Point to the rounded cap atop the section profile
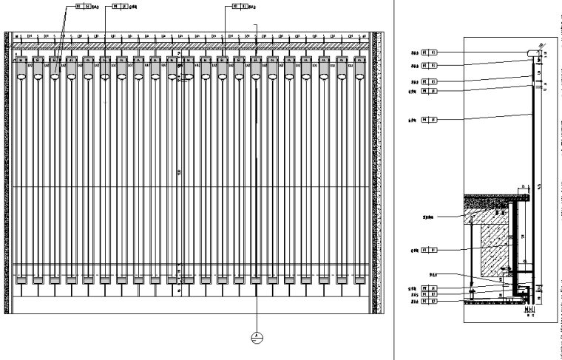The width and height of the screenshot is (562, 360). [x=532, y=52]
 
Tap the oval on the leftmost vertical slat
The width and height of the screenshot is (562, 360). [x=21, y=75]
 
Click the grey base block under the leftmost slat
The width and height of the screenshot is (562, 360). [x=21, y=280]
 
